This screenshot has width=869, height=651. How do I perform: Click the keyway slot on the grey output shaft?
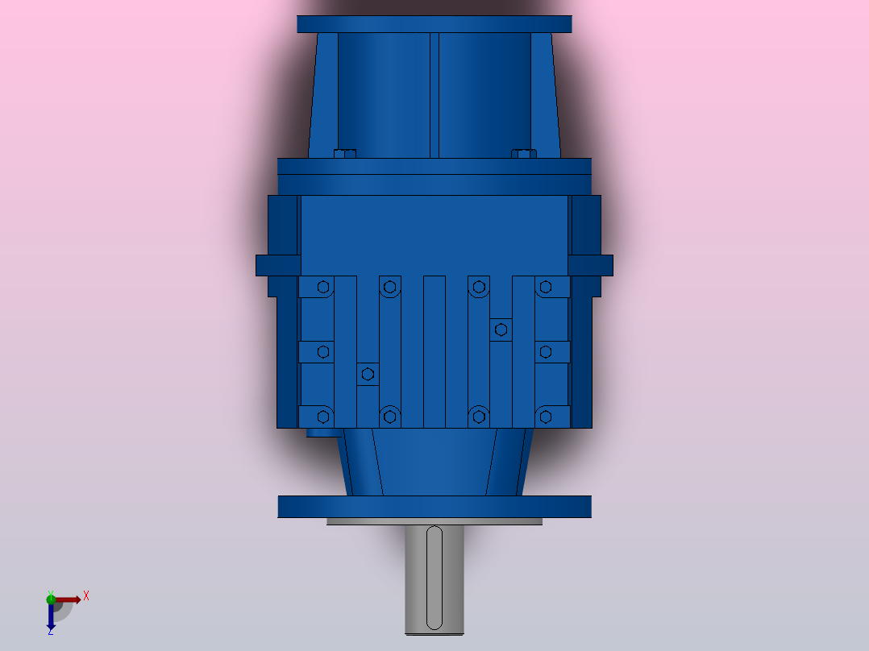[434, 577]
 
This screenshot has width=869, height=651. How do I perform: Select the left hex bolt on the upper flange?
[344, 153]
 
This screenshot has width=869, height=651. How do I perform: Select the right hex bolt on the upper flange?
[523, 153]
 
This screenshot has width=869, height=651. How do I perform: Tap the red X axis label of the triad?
[86, 596]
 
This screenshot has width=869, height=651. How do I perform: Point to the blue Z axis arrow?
[51, 619]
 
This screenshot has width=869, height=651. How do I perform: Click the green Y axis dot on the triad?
[51, 598]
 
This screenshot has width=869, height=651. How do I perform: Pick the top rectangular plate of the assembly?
[434, 24]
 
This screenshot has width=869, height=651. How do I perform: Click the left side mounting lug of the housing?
[277, 265]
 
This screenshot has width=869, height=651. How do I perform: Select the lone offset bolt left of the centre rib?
[368, 374]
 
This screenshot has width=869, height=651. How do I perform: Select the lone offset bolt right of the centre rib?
[501, 329]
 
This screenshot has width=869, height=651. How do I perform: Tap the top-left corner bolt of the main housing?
[323, 286]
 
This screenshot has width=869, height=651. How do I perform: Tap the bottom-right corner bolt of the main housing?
[545, 417]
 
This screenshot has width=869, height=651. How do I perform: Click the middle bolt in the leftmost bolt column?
[323, 351]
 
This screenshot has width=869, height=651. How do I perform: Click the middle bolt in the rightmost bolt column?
[545, 351]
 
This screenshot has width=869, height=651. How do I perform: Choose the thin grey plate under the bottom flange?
[434, 521]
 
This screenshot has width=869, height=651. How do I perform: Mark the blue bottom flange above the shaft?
[434, 506]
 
